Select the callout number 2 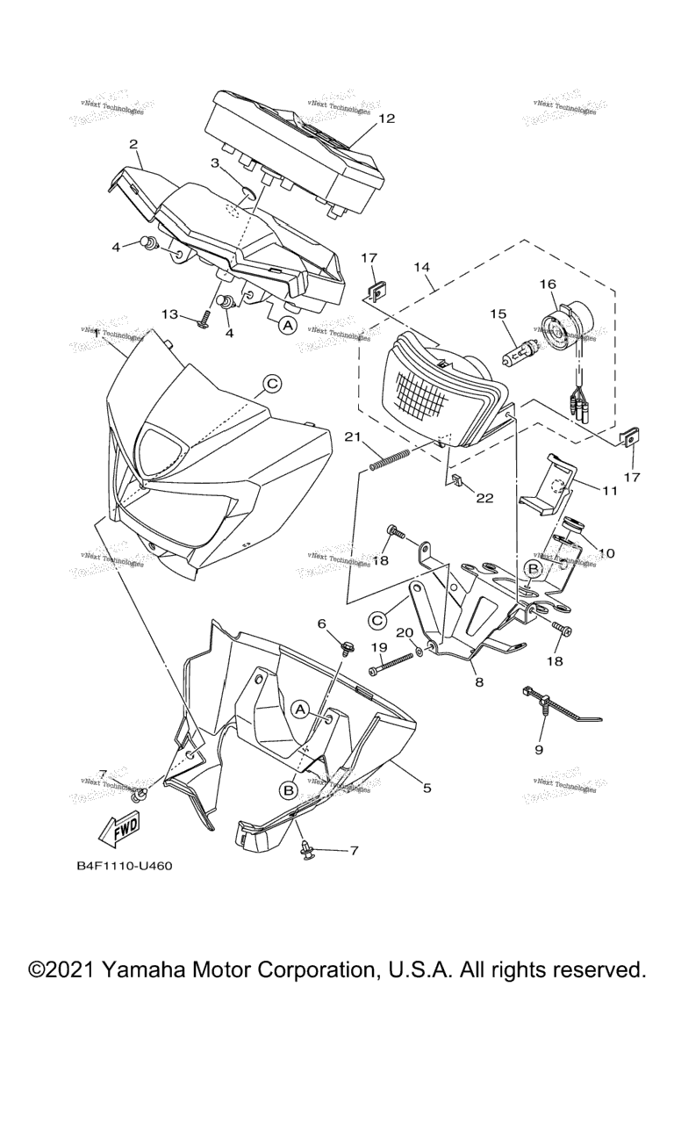(x=133, y=143)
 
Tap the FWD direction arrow (x=118, y=826)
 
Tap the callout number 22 (x=485, y=498)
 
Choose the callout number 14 (x=423, y=266)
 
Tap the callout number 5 (x=427, y=788)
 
